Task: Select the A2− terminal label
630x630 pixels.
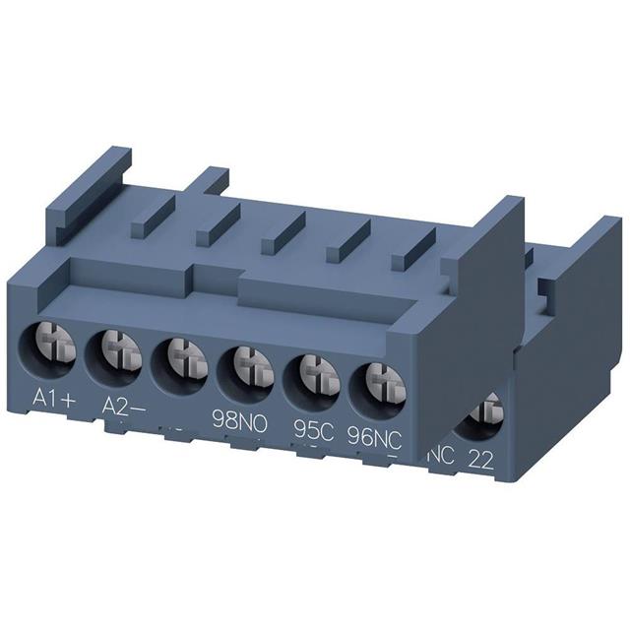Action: (124, 406)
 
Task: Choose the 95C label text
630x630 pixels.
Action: (312, 429)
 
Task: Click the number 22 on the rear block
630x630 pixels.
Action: (481, 459)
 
